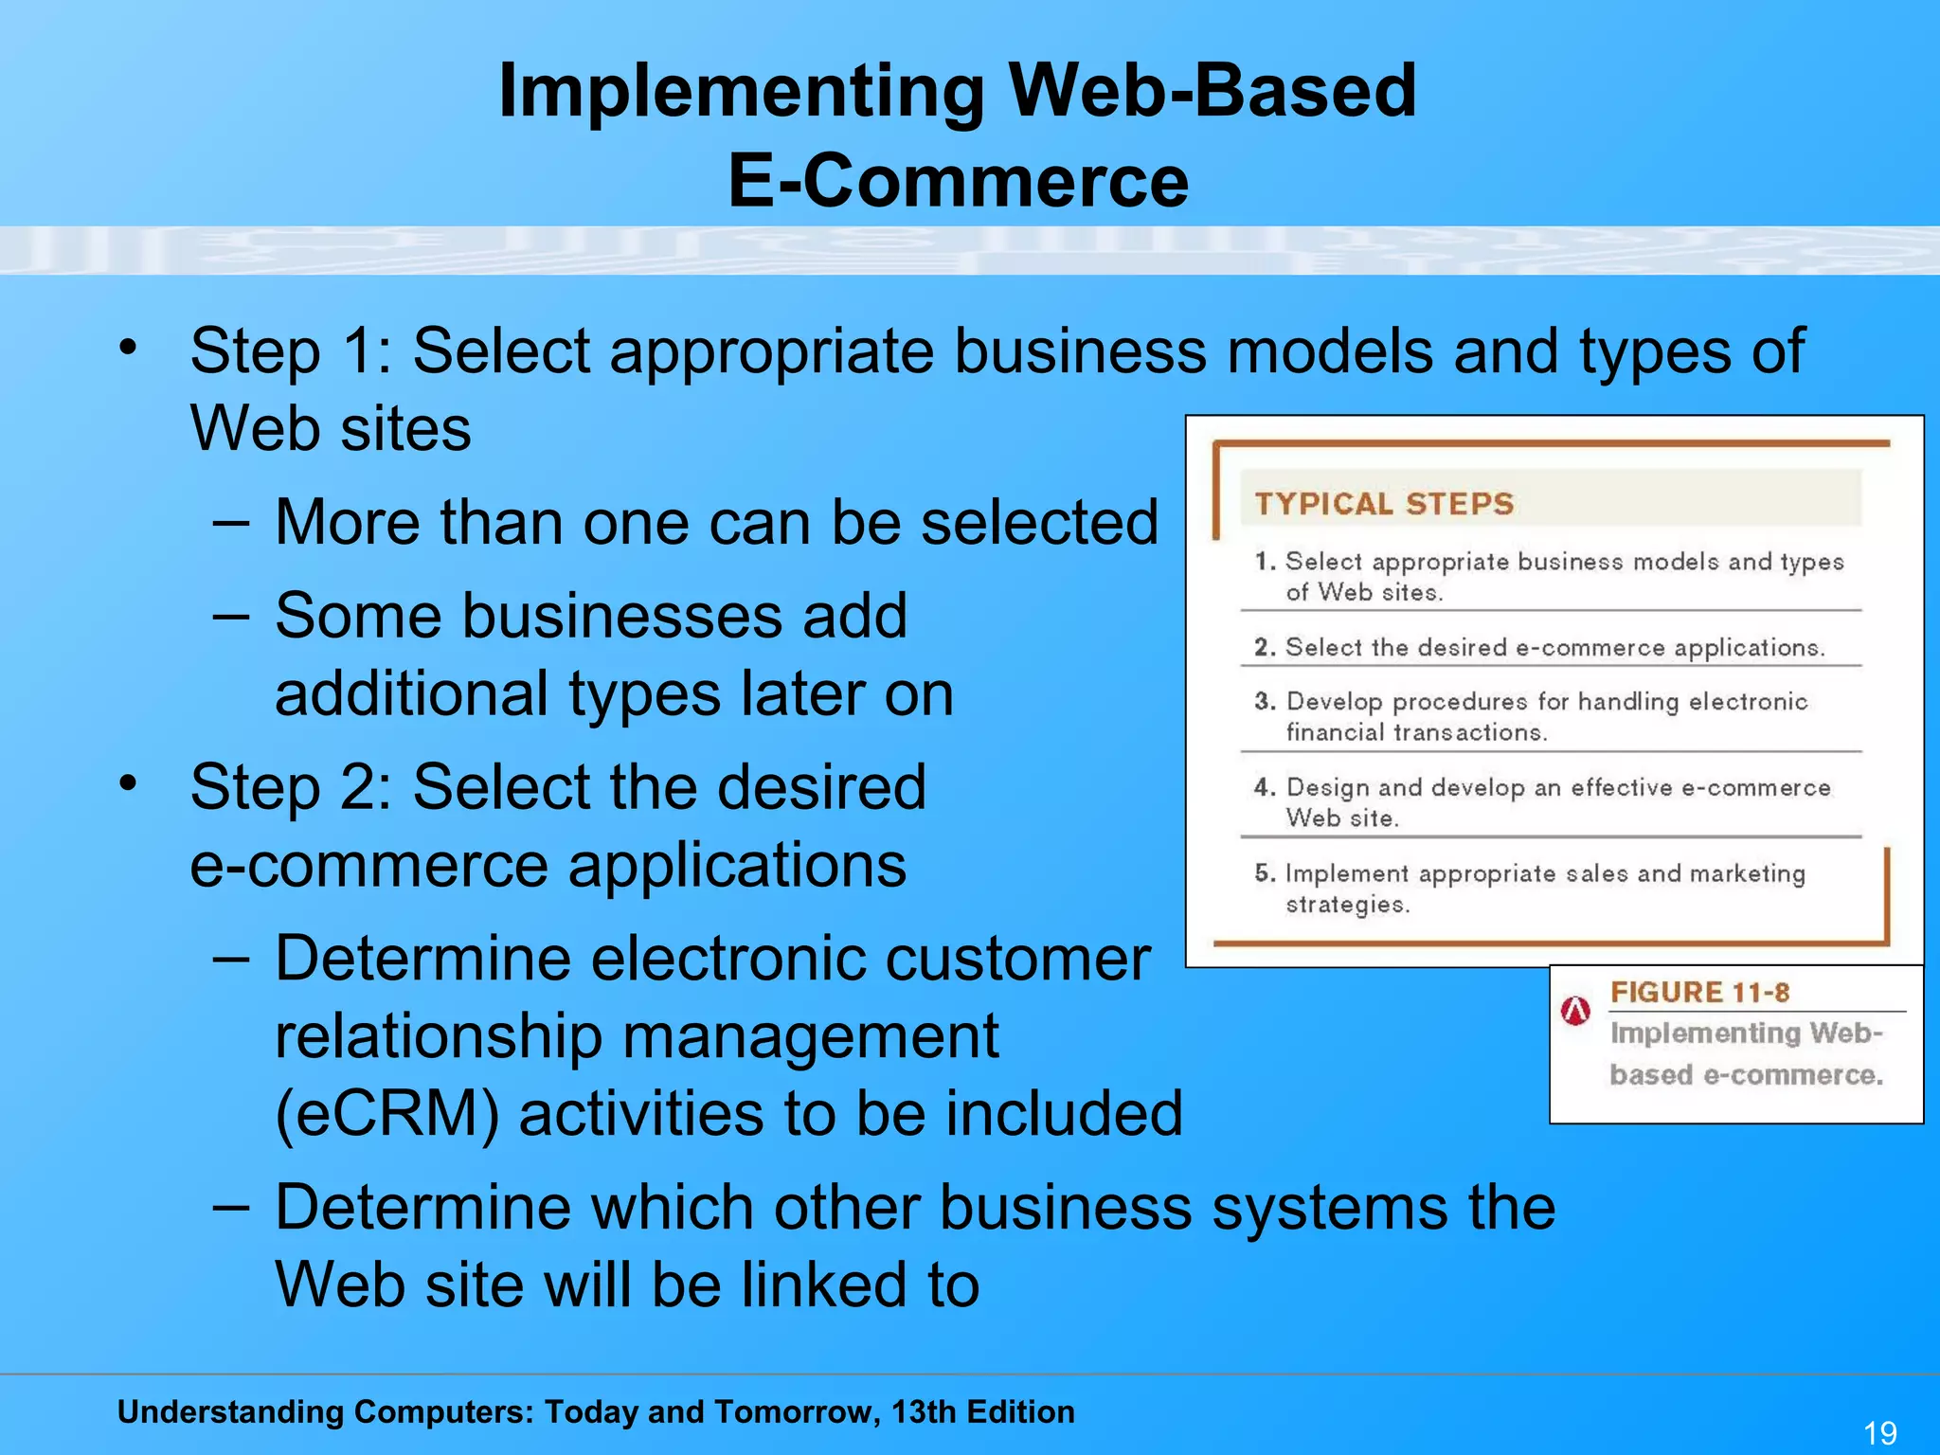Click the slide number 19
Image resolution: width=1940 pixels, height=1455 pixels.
1880,1431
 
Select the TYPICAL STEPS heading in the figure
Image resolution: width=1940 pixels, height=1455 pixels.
1384,503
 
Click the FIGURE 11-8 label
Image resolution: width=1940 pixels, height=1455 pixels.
1699,992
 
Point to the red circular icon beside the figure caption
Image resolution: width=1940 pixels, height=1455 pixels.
1575,1011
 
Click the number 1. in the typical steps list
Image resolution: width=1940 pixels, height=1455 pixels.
1265,561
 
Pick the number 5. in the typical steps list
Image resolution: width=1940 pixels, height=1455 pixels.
1265,872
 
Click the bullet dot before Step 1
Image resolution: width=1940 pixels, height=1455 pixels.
128,348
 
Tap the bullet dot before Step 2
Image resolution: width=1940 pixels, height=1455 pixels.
128,783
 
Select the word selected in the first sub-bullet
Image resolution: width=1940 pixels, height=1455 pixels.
1039,522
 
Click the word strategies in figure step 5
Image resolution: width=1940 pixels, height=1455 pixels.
1347,905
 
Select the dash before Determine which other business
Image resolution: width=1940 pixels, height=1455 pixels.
231,1208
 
